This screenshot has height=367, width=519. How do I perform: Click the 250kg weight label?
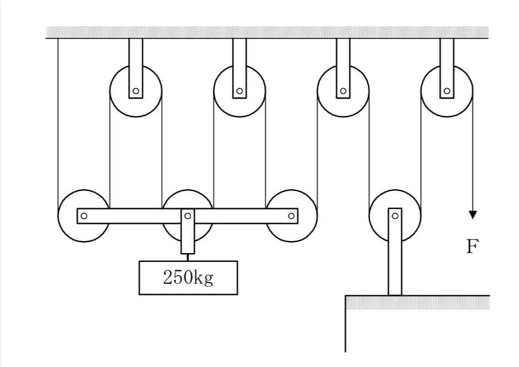(188, 278)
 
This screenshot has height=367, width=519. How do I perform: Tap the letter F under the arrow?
(472, 247)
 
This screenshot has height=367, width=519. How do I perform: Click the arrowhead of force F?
(473, 215)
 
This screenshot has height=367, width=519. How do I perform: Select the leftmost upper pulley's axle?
(136, 91)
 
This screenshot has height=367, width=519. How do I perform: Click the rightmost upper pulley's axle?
(447, 91)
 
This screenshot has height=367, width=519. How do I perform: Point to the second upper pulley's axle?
(239, 91)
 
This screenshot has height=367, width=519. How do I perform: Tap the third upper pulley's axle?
(343, 91)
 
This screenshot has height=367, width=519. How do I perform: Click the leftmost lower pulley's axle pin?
(84, 216)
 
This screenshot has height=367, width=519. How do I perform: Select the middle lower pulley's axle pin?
(188, 216)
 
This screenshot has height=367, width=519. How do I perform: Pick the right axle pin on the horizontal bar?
(291, 216)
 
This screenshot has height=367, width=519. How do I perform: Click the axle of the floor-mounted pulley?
(395, 216)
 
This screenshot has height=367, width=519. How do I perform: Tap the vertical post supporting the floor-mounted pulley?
(395, 251)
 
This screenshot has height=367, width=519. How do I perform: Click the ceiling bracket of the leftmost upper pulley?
(136, 68)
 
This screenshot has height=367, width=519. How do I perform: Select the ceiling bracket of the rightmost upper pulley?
(447, 68)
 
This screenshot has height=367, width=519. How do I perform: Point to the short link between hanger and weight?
(188, 258)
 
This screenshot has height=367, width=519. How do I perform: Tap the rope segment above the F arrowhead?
(473, 151)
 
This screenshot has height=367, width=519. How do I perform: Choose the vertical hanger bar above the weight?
(188, 231)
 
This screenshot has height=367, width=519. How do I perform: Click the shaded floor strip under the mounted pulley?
(418, 303)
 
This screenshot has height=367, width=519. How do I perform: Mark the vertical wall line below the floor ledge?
(346, 324)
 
